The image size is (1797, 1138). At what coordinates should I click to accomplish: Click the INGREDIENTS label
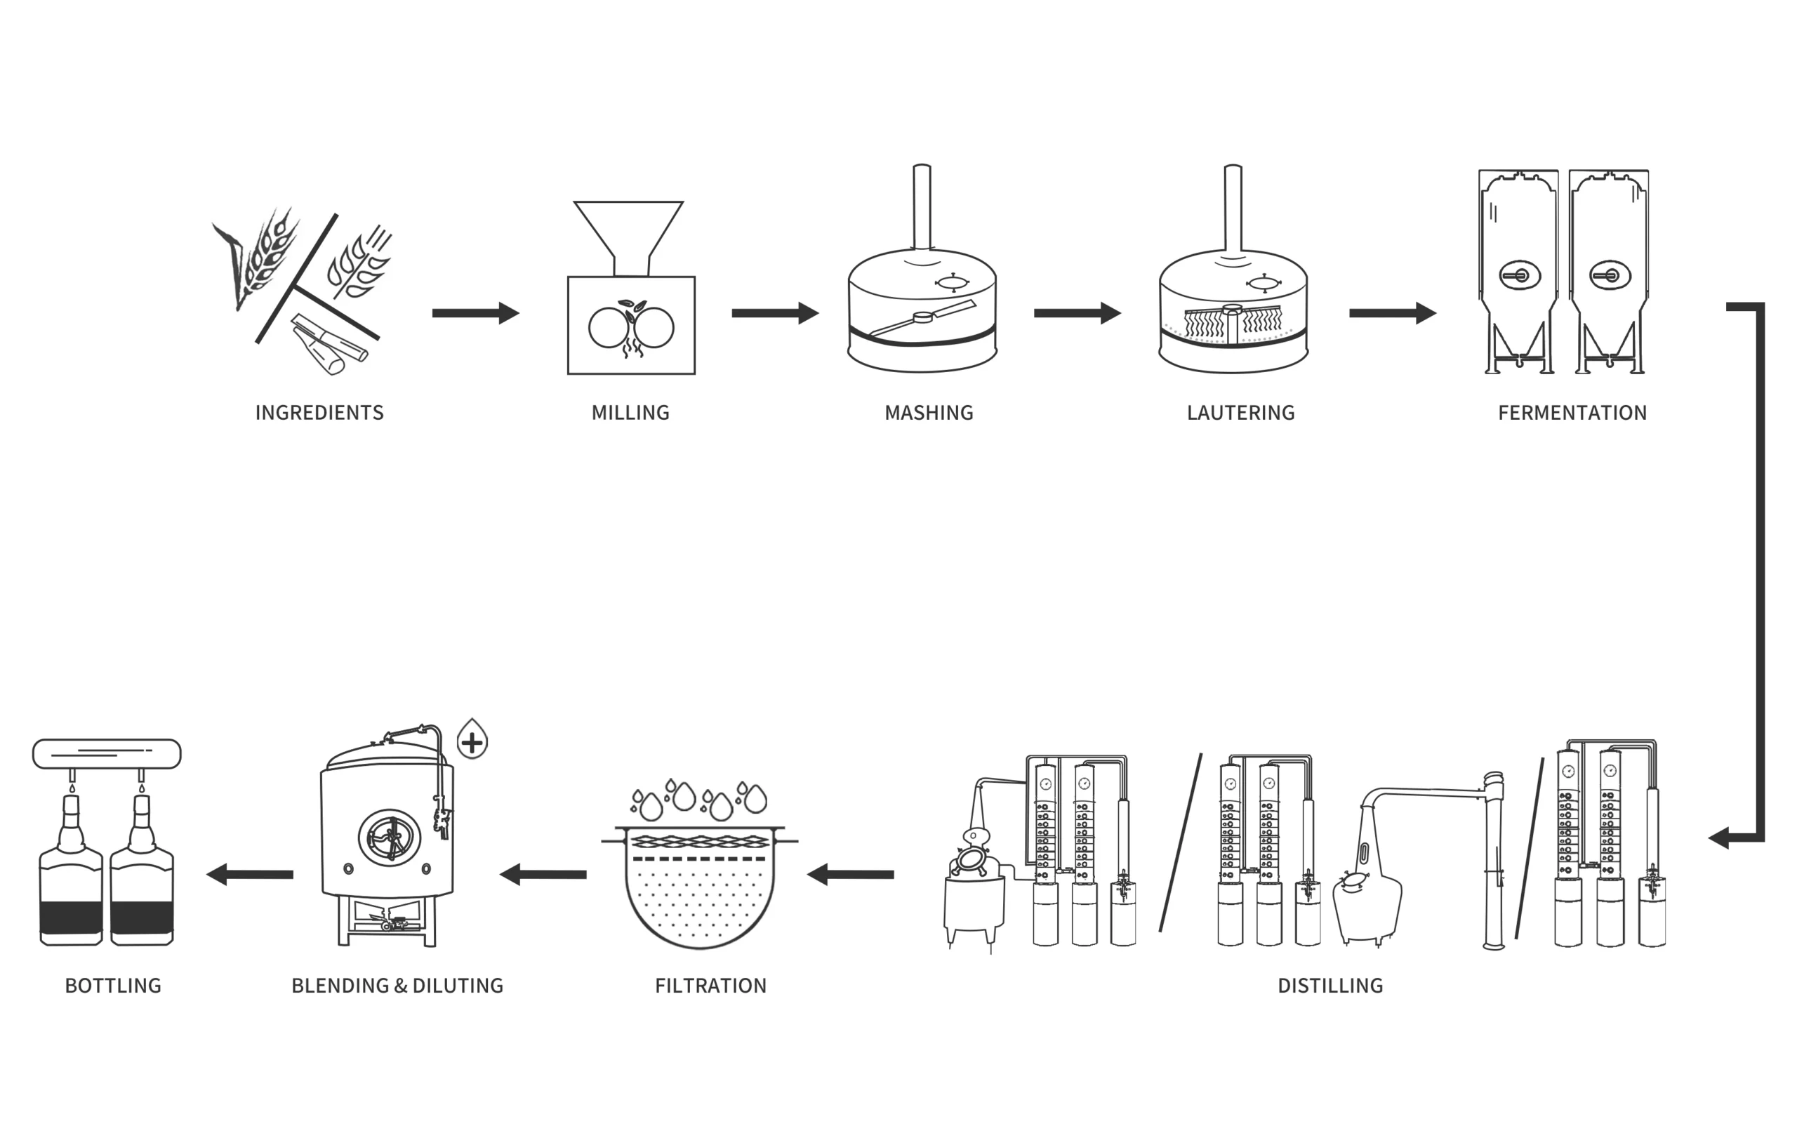point(319,413)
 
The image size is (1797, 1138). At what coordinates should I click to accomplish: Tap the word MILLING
point(630,413)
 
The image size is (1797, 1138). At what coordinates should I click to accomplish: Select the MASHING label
point(929,413)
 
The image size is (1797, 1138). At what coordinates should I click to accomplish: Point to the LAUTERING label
point(1241,413)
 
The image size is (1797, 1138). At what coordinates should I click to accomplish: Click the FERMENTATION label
point(1572,413)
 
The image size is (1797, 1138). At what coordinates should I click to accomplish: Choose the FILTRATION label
point(710,986)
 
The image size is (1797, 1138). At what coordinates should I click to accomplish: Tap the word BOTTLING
point(114,986)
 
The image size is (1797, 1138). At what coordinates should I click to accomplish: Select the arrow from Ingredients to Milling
point(475,312)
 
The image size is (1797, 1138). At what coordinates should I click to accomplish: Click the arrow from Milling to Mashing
point(775,312)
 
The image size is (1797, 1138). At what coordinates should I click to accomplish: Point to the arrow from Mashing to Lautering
point(1077,312)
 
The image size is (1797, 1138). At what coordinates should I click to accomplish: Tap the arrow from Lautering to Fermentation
point(1393,312)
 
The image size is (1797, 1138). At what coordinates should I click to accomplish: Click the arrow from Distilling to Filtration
point(851,874)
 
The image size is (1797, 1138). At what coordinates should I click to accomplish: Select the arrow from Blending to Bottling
point(249,874)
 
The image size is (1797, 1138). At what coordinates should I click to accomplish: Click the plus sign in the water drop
point(472,743)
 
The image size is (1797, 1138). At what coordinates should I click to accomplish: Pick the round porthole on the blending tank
point(389,838)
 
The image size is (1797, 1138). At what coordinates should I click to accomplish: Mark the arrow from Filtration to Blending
point(543,874)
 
